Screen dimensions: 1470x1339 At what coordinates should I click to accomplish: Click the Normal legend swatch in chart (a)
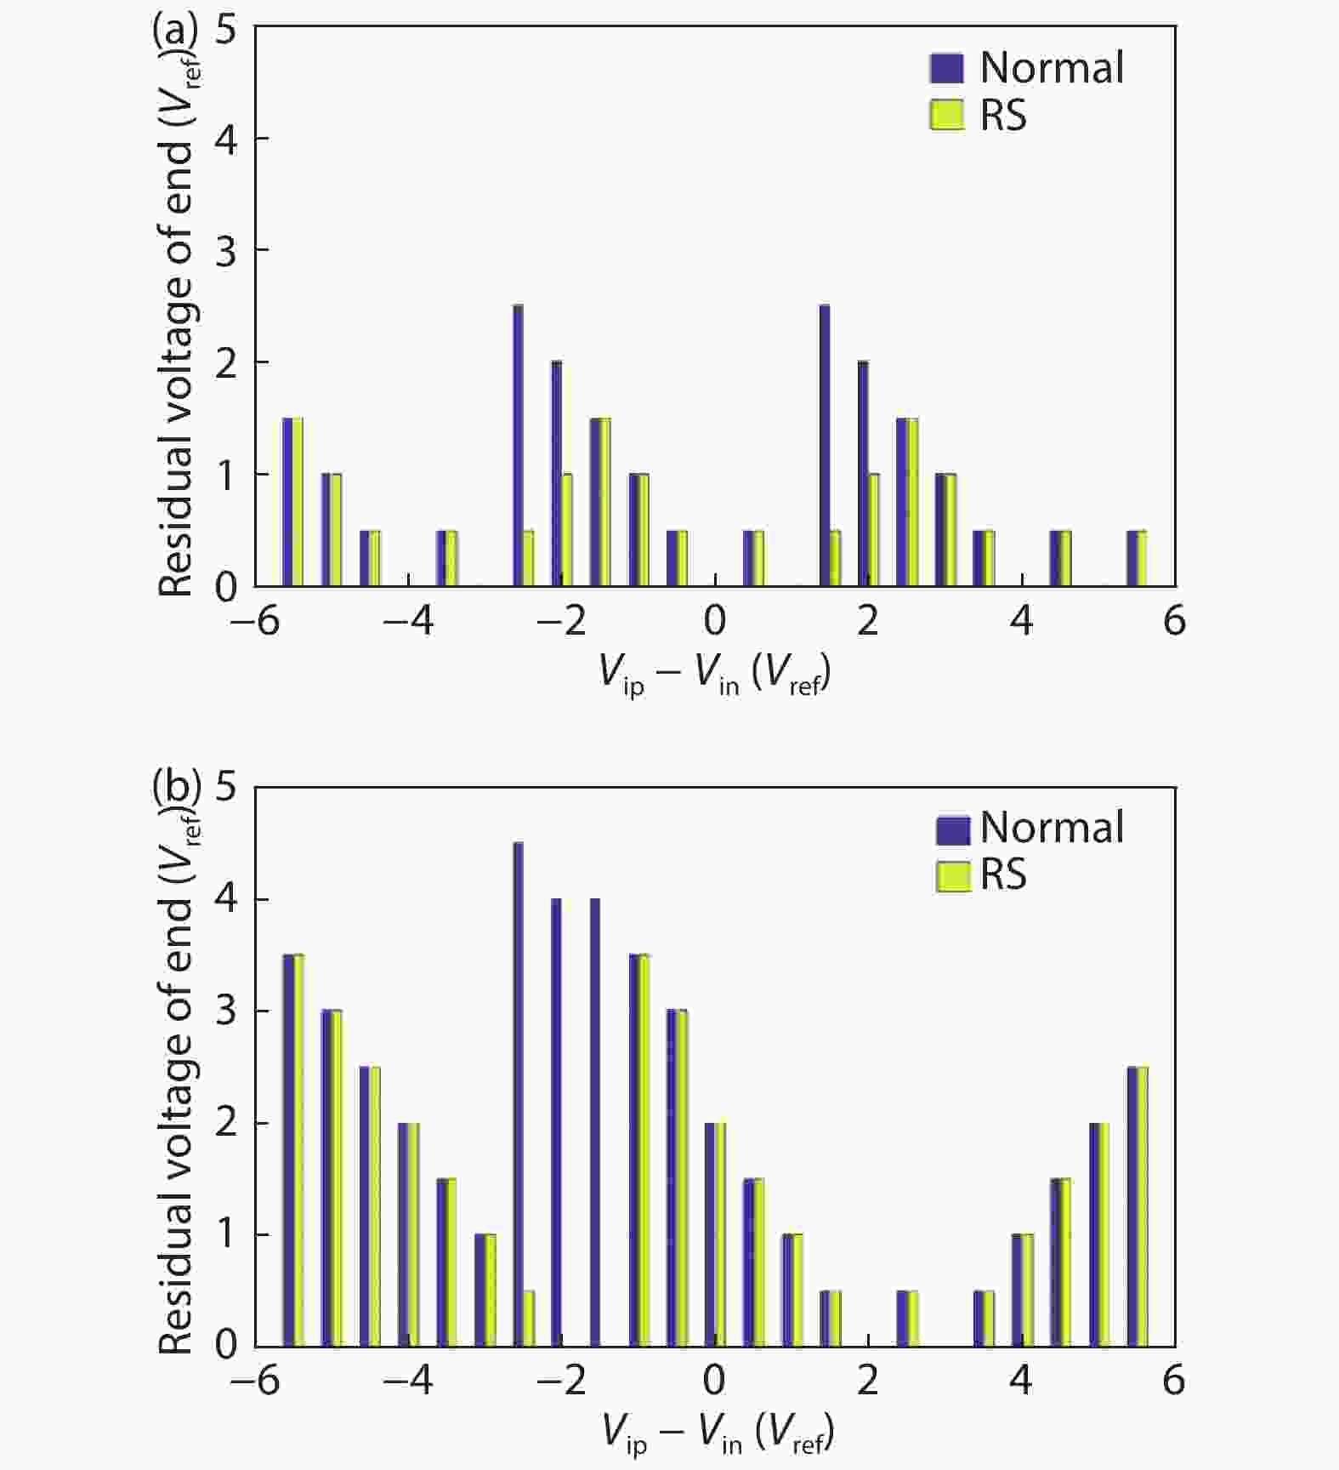pyautogui.click(x=947, y=68)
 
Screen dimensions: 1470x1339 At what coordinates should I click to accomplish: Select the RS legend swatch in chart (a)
pyautogui.click(x=947, y=115)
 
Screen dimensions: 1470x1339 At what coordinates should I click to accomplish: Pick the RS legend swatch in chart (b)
pyautogui.click(x=952, y=876)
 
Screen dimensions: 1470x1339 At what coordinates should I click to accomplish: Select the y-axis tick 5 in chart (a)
pyautogui.click(x=225, y=30)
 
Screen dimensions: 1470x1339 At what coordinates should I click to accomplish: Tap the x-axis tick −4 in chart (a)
pyautogui.click(x=408, y=621)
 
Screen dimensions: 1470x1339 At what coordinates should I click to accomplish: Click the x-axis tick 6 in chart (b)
pyautogui.click(x=1174, y=1380)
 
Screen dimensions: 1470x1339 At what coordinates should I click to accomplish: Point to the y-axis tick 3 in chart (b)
pyautogui.click(x=225, y=1011)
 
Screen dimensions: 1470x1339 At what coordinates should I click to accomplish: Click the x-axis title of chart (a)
pyautogui.click(x=714, y=674)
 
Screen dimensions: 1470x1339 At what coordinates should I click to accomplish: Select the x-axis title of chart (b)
pyautogui.click(x=718, y=1433)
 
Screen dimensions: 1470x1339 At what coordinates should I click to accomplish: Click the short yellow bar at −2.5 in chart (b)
pyautogui.click(x=529, y=1318)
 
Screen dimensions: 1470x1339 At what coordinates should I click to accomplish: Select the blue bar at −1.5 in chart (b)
pyautogui.click(x=594, y=1122)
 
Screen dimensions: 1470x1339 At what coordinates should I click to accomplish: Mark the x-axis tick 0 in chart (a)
pyautogui.click(x=715, y=621)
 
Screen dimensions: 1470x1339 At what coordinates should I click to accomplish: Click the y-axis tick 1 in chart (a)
pyautogui.click(x=225, y=474)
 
